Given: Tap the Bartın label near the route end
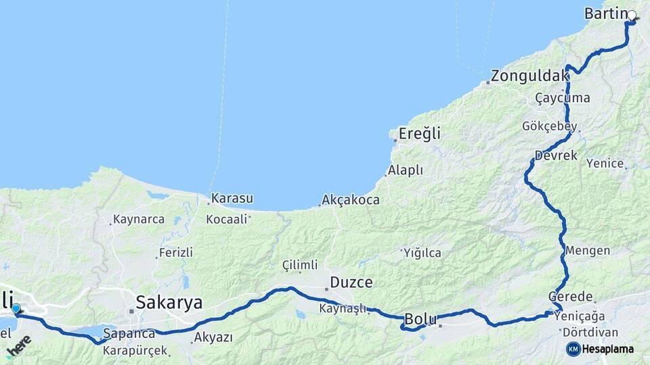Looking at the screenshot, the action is pos(605,14).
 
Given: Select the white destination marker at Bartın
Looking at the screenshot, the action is pos(632,16).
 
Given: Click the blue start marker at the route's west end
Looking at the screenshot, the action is pos(16,310).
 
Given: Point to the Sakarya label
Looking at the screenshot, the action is pos(169,302).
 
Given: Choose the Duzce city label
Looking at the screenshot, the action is pos(351,282).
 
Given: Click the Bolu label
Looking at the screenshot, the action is pos(418,318).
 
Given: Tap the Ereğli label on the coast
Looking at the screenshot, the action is pos(419,134).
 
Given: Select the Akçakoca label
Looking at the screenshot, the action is pos(351,200).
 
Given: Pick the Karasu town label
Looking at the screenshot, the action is pos(232,199).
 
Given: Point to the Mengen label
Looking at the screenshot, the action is pos(587,251).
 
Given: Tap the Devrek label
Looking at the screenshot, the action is pos(556,155).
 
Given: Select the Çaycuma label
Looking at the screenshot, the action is pos(562,98).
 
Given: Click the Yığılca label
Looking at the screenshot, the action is pos(422,253).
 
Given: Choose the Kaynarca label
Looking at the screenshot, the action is pos(139,220).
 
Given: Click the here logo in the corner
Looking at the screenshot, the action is pos(18,347).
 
